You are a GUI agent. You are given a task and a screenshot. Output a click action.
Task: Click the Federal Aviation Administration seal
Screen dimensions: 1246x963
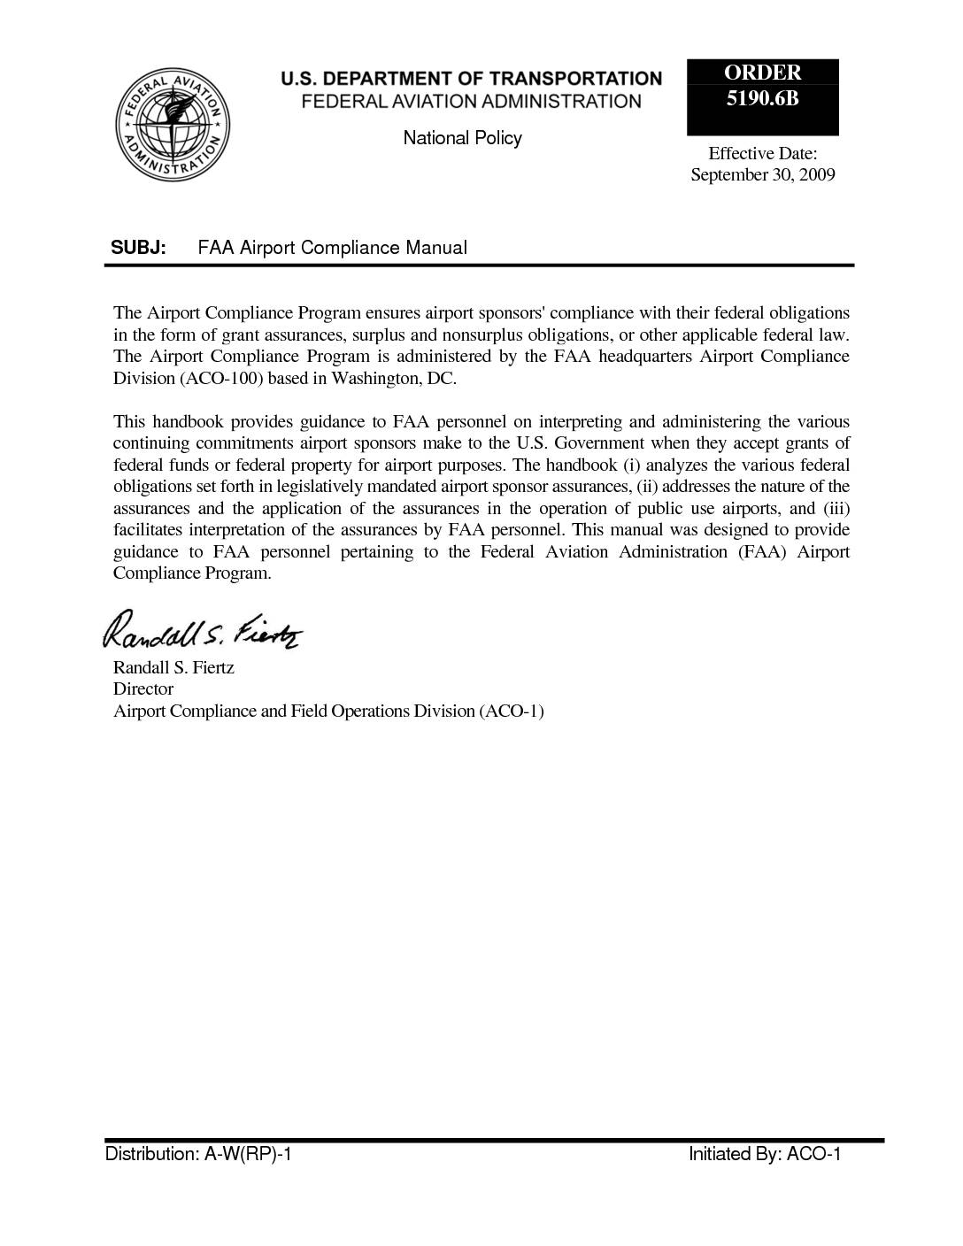(173, 124)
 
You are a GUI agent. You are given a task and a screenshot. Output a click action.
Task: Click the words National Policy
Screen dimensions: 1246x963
(462, 138)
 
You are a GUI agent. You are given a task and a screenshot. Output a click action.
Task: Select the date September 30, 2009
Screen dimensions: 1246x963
(762, 174)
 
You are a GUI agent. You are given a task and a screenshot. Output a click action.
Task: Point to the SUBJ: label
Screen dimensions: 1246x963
(138, 248)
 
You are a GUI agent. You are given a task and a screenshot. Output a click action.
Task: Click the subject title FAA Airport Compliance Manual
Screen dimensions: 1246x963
(332, 248)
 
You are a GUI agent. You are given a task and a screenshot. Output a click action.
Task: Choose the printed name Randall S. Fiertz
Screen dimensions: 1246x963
(173, 668)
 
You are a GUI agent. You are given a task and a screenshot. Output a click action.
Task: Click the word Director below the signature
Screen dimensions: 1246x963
(143, 689)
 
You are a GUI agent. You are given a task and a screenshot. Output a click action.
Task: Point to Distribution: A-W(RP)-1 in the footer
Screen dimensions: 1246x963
(198, 1155)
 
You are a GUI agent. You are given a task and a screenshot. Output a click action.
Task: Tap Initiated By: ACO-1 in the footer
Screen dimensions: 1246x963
(765, 1155)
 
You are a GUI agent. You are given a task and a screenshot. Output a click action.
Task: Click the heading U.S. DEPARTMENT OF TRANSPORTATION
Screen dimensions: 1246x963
(471, 79)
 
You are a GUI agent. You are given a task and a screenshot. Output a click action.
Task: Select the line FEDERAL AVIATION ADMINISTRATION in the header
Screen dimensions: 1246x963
(471, 102)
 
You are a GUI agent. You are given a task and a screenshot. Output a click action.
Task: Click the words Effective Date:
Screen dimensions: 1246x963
(762, 153)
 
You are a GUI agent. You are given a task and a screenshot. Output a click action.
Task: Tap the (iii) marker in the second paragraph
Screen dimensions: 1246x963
(836, 509)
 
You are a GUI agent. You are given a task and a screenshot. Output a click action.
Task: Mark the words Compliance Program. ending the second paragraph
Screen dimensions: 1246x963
(192, 573)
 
